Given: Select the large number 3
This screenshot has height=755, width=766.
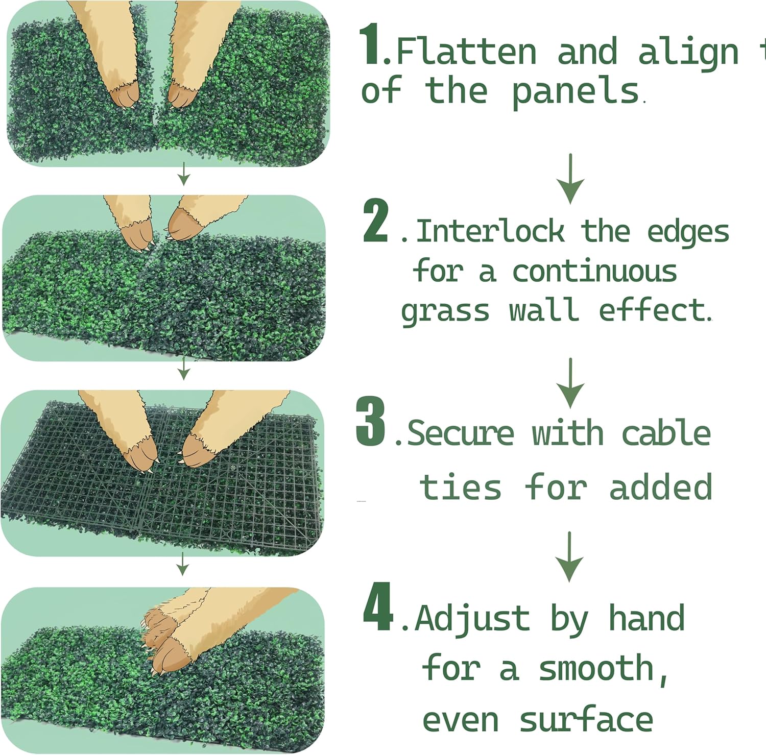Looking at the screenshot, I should click(371, 421).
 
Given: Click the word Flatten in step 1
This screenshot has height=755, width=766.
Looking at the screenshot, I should click(466, 52).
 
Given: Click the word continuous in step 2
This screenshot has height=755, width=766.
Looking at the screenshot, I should click(594, 271).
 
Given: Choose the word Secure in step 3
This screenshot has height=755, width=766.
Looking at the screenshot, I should click(461, 433).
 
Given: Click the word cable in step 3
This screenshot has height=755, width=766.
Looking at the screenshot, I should click(666, 433).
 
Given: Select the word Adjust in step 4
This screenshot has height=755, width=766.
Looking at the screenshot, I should click(472, 619).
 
